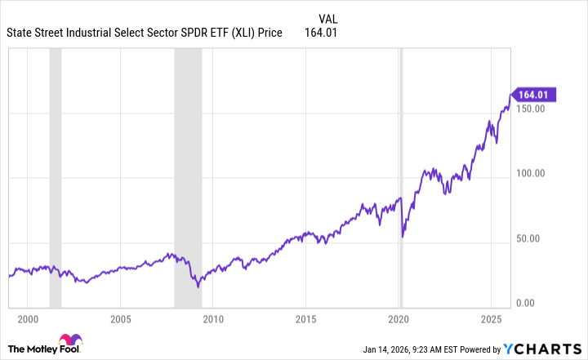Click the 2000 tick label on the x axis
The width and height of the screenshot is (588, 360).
[28, 318]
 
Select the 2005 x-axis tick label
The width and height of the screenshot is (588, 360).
[120, 318]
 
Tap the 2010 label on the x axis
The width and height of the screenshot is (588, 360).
[213, 318]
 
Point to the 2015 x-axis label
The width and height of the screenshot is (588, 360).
[305, 318]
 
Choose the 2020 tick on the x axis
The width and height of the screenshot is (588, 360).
[399, 318]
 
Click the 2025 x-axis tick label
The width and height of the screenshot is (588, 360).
[491, 318]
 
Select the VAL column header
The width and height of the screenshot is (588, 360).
[326, 17]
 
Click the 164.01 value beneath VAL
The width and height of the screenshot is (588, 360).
[321, 33]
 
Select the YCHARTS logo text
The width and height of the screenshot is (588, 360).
[547, 349]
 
